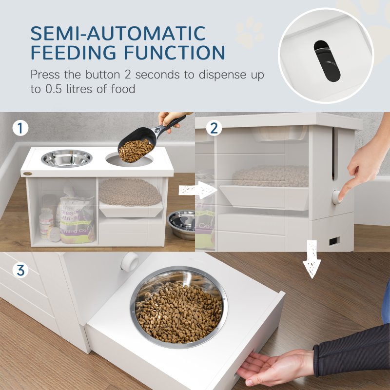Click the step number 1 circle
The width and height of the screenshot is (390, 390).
coord(20,129)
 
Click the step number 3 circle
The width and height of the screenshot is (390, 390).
coord(20,270)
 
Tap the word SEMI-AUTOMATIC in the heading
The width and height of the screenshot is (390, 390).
coord(117,34)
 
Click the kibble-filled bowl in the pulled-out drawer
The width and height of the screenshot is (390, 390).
coord(178,306)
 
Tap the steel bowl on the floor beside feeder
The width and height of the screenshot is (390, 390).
coord(181,224)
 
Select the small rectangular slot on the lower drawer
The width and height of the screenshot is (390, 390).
coord(334,241)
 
